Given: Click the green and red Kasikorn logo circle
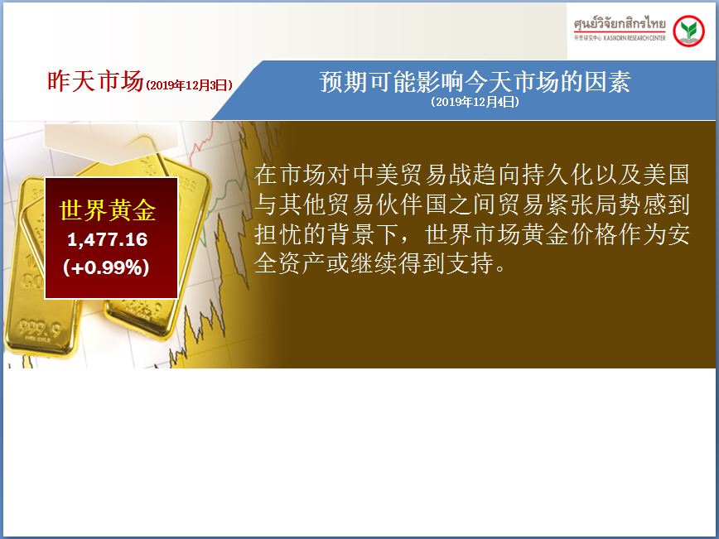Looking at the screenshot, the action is click(x=688, y=31).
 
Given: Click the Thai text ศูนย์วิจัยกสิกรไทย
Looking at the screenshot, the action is click(x=620, y=23).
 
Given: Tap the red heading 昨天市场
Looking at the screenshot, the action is click(x=95, y=81).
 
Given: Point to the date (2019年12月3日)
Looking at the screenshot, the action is click(x=189, y=85).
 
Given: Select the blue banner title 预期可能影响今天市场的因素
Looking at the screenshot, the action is click(x=475, y=82).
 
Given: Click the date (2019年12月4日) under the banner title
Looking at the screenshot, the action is click(x=475, y=102).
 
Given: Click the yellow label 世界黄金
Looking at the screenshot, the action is click(x=108, y=211).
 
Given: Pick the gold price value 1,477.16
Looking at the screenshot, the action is click(x=108, y=240).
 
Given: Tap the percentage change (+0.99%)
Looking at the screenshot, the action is click(x=107, y=267).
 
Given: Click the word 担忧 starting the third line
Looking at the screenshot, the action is click(x=279, y=234).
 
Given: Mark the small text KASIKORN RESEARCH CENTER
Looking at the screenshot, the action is click(x=635, y=38).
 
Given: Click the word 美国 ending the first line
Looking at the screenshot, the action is click(x=666, y=175).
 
